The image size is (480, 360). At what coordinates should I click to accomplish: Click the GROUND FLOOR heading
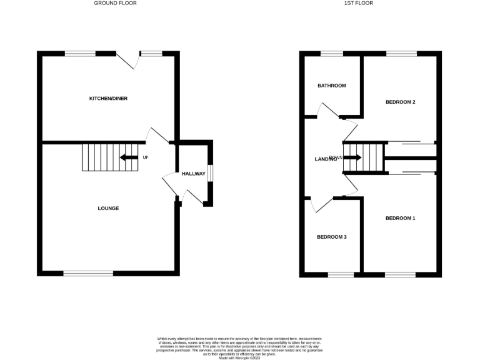pos(115,3)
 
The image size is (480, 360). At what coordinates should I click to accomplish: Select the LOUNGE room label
pos(108,208)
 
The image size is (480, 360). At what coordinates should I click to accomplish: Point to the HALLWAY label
pos(193,174)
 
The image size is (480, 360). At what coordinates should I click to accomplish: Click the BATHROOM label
pos(331,86)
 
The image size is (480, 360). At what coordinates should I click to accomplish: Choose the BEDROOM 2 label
pos(400,102)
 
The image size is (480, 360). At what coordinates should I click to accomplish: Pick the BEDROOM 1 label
pos(400,218)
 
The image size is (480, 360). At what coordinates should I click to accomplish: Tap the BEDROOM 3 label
pos(331,237)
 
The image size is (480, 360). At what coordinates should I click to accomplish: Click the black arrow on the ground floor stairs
pos(129,157)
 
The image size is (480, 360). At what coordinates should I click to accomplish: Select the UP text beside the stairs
pos(146,157)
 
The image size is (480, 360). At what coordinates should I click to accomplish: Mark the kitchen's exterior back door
pos(127,60)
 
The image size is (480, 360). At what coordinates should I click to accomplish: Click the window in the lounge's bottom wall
pos(88,273)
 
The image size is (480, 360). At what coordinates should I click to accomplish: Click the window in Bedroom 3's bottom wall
pos(341,274)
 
